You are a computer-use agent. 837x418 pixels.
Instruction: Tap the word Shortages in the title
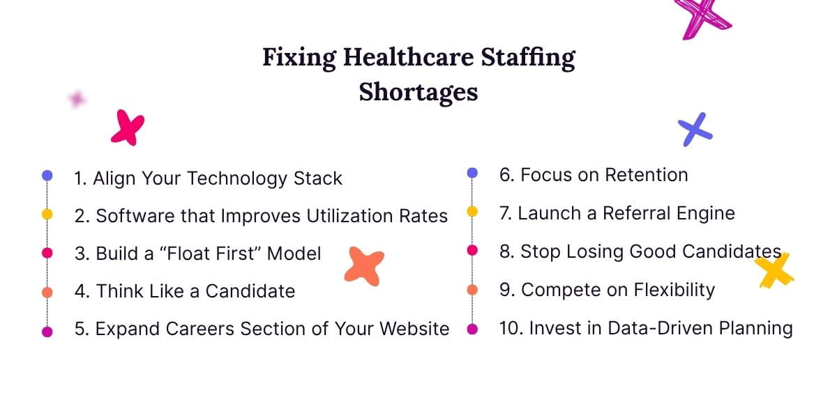coord(418,92)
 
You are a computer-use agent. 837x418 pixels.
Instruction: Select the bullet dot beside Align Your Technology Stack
coord(47,176)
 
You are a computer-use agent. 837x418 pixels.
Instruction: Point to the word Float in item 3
coord(189,253)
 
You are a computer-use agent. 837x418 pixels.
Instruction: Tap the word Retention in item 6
coord(646,175)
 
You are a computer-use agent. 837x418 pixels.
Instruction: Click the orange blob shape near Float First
coord(364,266)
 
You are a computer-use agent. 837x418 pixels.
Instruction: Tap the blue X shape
coord(695,129)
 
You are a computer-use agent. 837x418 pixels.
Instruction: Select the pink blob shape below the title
coord(128,127)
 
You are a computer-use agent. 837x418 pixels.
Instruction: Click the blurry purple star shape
coord(77,100)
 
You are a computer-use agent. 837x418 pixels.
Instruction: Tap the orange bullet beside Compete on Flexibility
coord(472,289)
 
